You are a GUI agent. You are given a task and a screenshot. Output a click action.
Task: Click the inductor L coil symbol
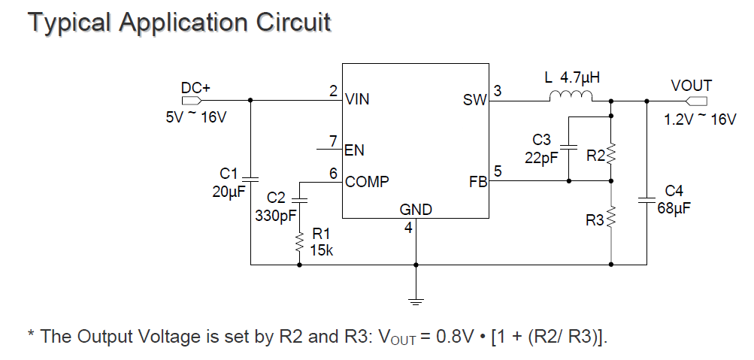coord(571,96)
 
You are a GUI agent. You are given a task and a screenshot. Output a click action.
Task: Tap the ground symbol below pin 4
coord(416,301)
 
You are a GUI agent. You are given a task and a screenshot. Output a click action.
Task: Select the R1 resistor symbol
coord(299,243)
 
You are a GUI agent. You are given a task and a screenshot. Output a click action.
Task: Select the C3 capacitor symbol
coord(569,147)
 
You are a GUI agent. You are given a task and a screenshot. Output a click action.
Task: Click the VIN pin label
coord(357,99)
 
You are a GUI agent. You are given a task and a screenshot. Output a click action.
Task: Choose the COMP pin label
coord(367,181)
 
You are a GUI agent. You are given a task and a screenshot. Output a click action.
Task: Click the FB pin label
coord(478,181)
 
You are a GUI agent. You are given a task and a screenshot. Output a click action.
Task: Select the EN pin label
coord(354,150)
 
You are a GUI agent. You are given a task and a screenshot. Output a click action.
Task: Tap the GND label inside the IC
coord(416,210)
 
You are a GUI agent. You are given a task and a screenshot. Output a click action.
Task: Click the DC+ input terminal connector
coord(191,100)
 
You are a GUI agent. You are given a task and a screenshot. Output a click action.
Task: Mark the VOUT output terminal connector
coord(696,100)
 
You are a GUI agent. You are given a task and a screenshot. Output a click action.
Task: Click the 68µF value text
coord(674,207)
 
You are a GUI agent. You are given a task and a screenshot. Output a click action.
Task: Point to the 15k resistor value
coord(321,250)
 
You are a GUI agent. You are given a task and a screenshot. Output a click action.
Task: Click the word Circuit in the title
coord(289,22)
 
